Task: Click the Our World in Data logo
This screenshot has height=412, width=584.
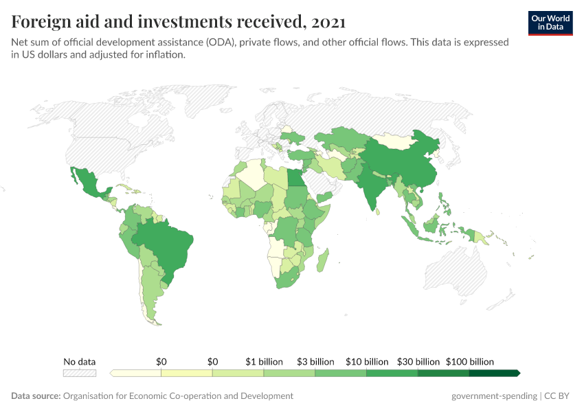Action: (550, 23)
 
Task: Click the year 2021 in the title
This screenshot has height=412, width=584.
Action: (328, 22)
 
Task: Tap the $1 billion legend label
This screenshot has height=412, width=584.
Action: (264, 361)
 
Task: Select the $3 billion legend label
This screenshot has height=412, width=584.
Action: (315, 361)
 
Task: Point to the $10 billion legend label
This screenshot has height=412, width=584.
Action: (367, 361)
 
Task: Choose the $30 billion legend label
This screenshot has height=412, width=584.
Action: (418, 361)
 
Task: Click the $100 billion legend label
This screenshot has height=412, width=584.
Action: (470, 361)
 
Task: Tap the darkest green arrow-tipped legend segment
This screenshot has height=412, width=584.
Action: (494, 373)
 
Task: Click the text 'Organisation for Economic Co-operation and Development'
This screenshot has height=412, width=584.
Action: (178, 396)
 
